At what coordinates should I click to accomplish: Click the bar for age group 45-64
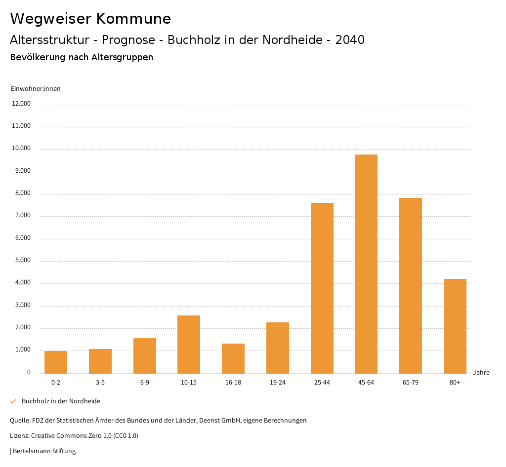[366, 264]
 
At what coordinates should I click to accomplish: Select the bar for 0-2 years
[56, 362]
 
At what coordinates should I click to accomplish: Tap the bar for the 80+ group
[455, 326]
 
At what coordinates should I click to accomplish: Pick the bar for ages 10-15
[189, 345]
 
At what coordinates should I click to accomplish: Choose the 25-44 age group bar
[322, 288]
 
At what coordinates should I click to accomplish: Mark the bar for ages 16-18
[233, 358]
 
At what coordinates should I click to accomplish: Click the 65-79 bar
[411, 286]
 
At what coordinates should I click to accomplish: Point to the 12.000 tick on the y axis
[22, 104]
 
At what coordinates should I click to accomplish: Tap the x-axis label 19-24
[278, 383]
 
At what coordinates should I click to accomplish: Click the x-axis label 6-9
[145, 383]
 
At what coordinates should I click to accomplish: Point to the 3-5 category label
[100, 383]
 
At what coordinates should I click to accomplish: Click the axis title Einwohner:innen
[36, 89]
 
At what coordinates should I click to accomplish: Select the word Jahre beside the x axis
[481, 373]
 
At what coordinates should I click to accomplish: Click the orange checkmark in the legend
[13, 401]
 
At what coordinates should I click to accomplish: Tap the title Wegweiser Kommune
[90, 19]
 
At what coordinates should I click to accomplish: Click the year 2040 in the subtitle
[350, 40]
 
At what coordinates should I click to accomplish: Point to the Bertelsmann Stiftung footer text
[44, 451]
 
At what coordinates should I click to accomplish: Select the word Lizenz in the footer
[19, 436]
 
